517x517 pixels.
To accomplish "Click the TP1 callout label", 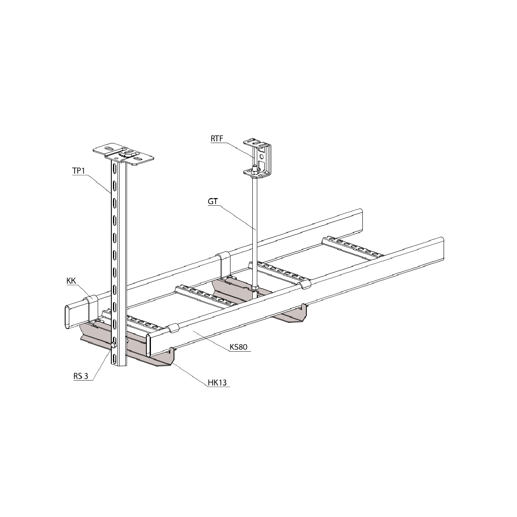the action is (x=78, y=171).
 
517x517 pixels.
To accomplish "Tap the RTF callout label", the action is (x=217, y=139).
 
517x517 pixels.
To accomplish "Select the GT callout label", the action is (x=212, y=202).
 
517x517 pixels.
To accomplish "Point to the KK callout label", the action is (x=71, y=281).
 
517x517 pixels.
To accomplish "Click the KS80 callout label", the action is (x=238, y=347).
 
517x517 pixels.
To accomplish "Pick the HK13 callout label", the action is (x=217, y=383).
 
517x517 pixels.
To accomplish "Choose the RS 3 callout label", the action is (x=81, y=376).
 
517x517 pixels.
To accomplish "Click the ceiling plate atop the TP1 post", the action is (x=123, y=155).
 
